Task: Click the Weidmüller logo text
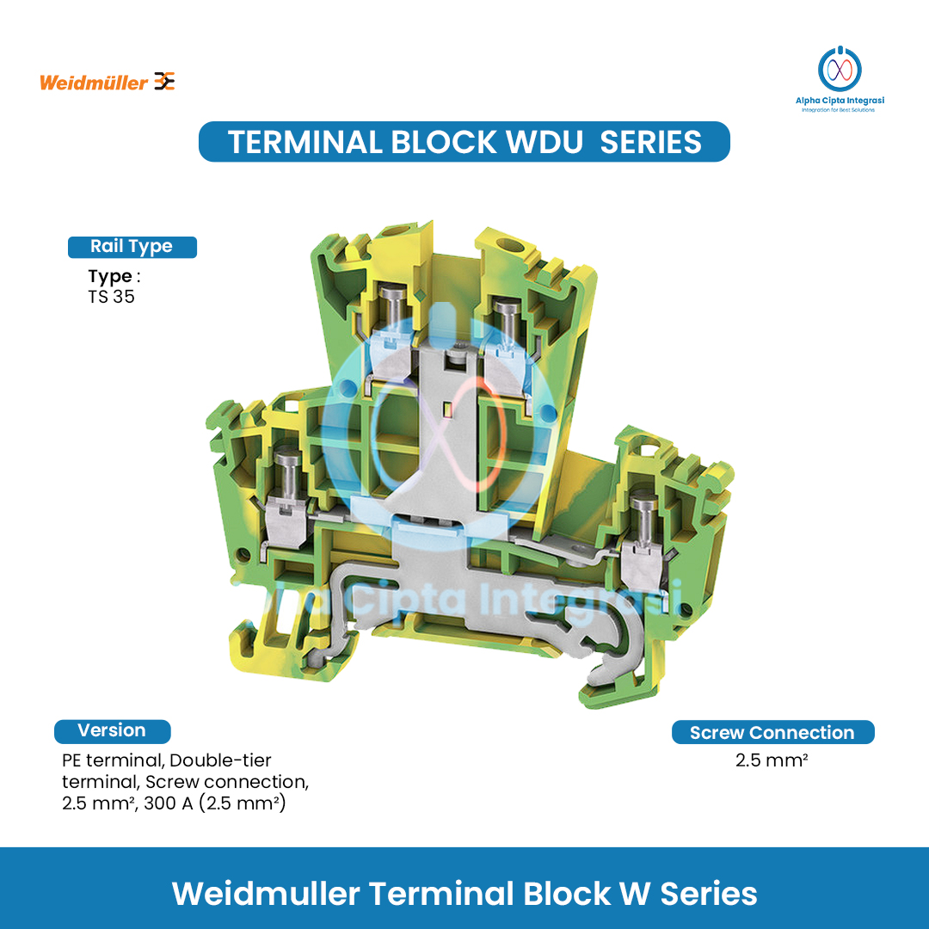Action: [x=94, y=83]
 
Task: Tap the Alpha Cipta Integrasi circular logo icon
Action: [x=839, y=69]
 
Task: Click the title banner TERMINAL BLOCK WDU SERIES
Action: [x=464, y=142]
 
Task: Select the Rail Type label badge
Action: [x=132, y=247]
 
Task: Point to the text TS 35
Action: [x=111, y=298]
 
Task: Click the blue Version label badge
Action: [x=112, y=731]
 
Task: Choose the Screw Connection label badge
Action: [x=772, y=733]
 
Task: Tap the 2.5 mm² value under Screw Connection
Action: [x=772, y=760]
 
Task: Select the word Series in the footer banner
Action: [x=709, y=894]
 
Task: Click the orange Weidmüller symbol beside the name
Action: [x=164, y=82]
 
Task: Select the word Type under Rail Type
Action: [x=109, y=277]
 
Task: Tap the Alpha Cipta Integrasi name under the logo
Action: [x=839, y=101]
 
